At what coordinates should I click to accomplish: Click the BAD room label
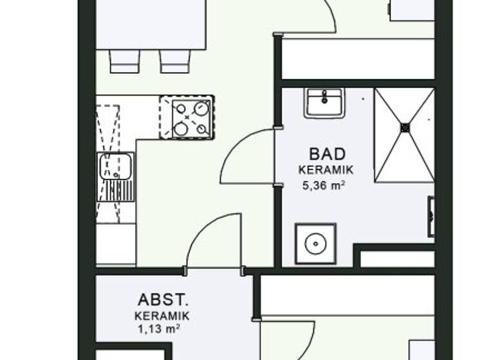click(327, 154)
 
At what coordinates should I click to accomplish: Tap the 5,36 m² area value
click(325, 186)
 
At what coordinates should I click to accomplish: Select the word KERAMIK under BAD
click(326, 170)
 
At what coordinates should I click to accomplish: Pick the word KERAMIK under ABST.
click(161, 316)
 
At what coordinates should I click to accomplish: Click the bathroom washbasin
click(325, 103)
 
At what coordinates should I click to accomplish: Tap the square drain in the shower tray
click(405, 127)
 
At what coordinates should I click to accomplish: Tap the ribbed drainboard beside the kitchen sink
click(116, 190)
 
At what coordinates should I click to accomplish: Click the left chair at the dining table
click(123, 61)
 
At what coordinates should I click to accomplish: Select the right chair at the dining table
click(175, 61)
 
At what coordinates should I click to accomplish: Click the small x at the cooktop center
click(187, 118)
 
